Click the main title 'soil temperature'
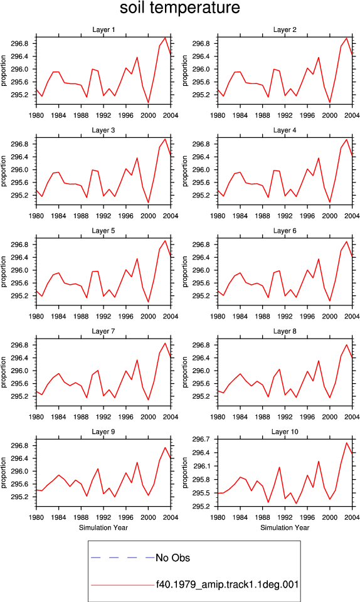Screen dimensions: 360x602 point(180,8)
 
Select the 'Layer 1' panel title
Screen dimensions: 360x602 point(103,29)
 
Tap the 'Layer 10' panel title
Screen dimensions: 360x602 point(285,431)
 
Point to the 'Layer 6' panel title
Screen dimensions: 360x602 point(285,230)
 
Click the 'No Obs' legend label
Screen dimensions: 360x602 point(172,557)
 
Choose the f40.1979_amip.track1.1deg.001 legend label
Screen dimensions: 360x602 point(227,584)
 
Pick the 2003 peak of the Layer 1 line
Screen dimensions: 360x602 point(165,38)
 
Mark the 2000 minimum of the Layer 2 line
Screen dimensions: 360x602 point(330,102)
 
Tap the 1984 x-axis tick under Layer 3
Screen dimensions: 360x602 point(59,216)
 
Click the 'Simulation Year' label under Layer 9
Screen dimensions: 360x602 point(103,527)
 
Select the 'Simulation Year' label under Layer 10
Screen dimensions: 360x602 point(285,527)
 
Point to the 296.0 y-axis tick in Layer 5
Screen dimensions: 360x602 point(19,270)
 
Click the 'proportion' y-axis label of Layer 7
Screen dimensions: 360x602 point(4,372)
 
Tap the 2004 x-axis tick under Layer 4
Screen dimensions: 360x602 point(352,216)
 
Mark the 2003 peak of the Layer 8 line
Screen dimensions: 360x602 point(347,344)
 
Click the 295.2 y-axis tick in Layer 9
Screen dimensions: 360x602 point(19,497)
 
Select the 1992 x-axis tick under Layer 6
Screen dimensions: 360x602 point(285,316)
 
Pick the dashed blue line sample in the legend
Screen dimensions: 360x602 point(122,557)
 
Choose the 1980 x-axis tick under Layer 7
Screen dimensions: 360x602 point(36,417)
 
